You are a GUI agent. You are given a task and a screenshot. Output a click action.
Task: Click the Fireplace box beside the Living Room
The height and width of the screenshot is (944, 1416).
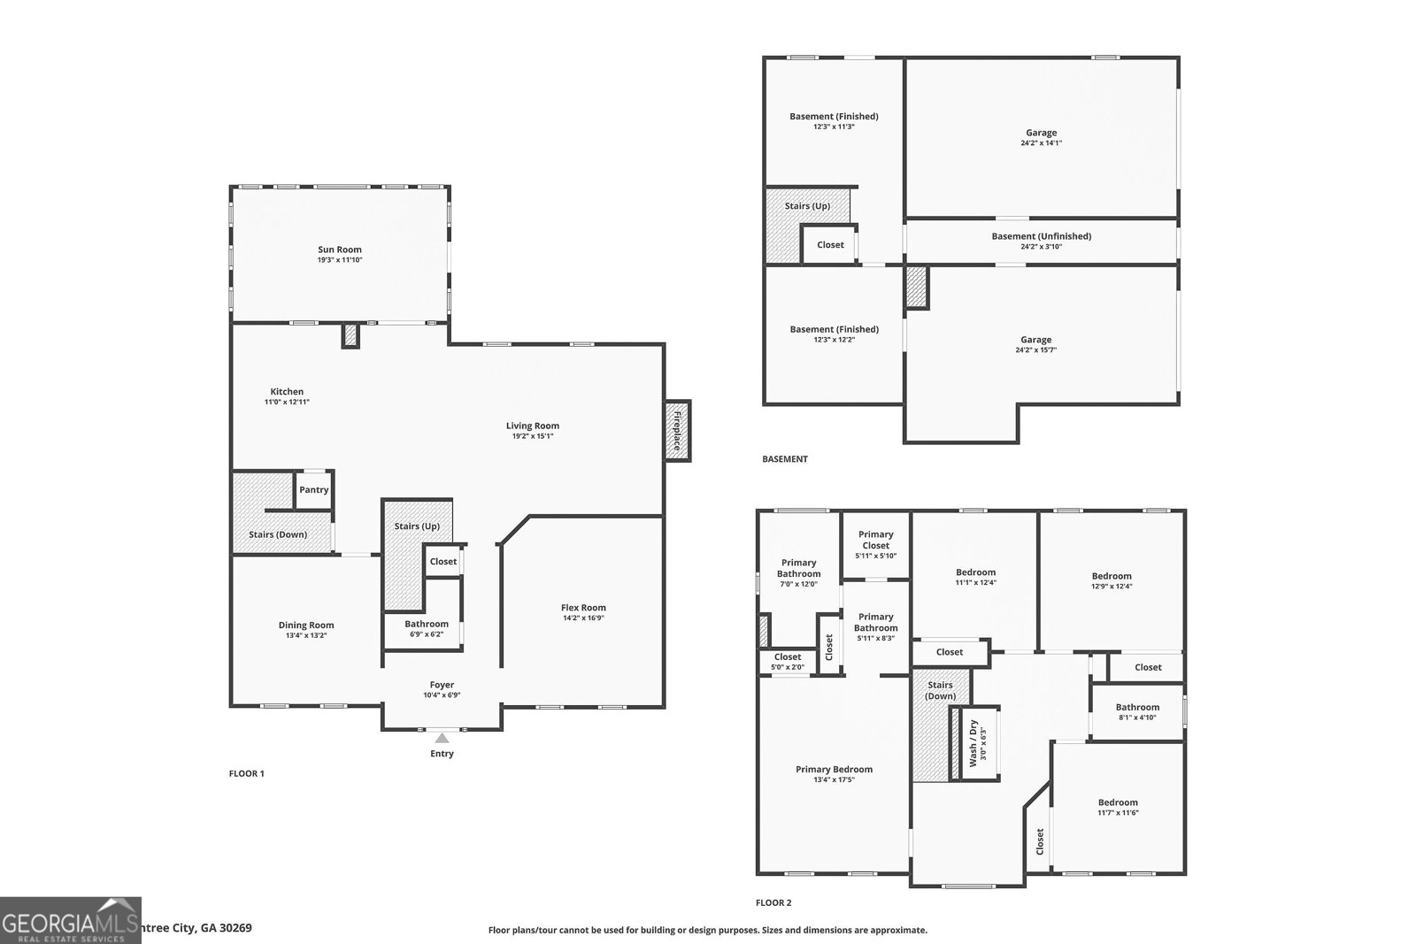(678, 431)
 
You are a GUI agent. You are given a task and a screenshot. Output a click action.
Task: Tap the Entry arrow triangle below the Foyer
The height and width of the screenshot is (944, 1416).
(442, 738)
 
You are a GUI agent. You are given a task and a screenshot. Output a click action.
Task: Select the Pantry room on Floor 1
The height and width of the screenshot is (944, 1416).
(313, 489)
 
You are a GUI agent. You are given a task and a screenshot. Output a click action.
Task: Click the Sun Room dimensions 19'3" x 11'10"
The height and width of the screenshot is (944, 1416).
(340, 260)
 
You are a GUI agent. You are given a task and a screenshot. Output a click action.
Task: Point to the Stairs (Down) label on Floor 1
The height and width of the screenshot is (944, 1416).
(278, 534)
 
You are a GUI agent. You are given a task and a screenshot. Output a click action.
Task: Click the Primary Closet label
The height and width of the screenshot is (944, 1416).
(875, 540)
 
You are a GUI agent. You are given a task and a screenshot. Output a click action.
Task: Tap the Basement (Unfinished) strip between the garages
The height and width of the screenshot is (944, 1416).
(1041, 241)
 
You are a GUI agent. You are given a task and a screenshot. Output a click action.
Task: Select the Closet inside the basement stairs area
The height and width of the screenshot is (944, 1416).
(830, 245)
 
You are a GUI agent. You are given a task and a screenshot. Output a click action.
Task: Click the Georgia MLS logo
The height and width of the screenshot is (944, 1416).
(70, 920)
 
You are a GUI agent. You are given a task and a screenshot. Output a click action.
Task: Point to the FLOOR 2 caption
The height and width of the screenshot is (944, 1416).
(773, 903)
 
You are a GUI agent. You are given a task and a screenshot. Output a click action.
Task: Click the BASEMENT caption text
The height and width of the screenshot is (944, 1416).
(784, 459)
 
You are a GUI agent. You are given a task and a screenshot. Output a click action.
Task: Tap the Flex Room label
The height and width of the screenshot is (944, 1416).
(583, 608)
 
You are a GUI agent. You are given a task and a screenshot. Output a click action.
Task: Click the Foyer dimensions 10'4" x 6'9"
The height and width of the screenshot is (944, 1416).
(442, 695)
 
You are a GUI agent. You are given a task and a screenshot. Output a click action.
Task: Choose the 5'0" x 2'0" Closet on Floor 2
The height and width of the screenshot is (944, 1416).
(787, 662)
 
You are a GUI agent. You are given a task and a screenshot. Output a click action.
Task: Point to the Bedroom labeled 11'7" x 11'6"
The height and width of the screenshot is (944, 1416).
(1118, 807)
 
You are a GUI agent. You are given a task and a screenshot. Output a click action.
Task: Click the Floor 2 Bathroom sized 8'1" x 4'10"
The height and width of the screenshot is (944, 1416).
(1137, 712)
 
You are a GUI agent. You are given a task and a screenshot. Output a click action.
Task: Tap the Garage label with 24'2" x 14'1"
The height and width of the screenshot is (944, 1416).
(1041, 138)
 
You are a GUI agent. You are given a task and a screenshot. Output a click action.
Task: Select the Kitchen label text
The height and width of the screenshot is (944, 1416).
(287, 392)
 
